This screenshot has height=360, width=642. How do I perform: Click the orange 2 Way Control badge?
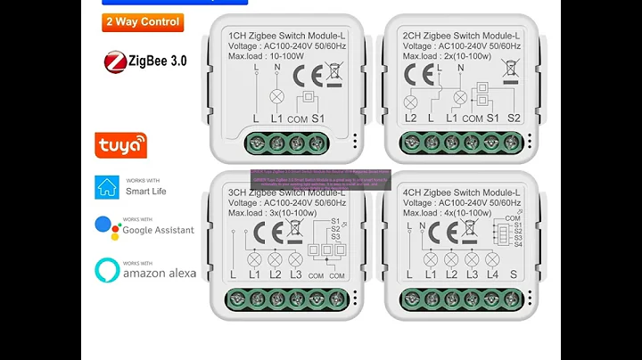click(144, 22)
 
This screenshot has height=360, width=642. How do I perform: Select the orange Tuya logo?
click(121, 144)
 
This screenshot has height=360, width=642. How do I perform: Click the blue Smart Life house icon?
click(107, 186)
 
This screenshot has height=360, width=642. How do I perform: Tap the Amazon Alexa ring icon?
click(107, 270)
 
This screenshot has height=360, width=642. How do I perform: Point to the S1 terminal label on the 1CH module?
click(318, 119)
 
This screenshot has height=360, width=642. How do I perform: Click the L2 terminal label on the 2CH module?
click(411, 118)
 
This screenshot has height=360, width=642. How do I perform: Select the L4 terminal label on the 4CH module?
click(491, 275)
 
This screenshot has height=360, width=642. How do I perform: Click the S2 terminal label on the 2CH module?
click(514, 118)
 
